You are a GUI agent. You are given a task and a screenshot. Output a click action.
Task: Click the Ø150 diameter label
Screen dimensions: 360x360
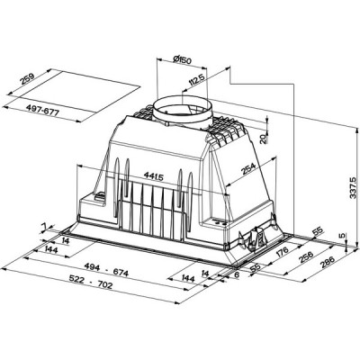(184, 60)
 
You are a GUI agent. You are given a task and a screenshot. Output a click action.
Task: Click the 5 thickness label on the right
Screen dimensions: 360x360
(342, 236)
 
